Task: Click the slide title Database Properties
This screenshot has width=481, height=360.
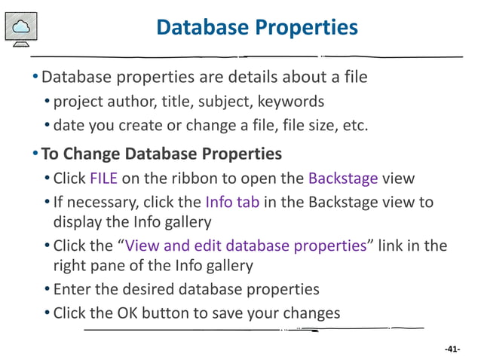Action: point(256,28)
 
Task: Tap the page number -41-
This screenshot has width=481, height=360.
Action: point(452,349)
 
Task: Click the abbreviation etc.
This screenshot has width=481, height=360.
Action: point(354,124)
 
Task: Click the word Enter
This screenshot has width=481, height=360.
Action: point(72,289)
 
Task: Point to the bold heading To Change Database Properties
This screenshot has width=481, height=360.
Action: point(161,154)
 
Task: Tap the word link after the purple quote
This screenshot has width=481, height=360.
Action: point(394,246)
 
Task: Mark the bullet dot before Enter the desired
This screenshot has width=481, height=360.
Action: point(47,289)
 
